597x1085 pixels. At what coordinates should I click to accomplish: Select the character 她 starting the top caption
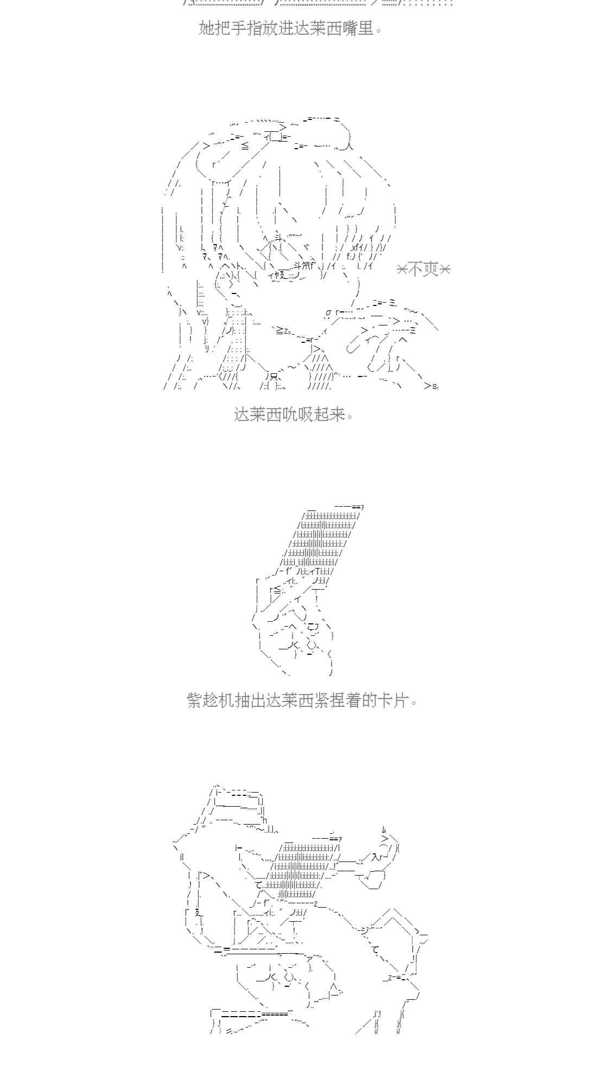207,28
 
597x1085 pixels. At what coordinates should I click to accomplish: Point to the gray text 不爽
423,269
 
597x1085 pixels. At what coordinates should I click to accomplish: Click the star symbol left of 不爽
402,269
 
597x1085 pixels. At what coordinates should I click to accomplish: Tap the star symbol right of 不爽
444,269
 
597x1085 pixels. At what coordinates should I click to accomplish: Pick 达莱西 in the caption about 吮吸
257,415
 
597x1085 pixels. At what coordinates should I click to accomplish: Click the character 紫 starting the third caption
195,700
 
